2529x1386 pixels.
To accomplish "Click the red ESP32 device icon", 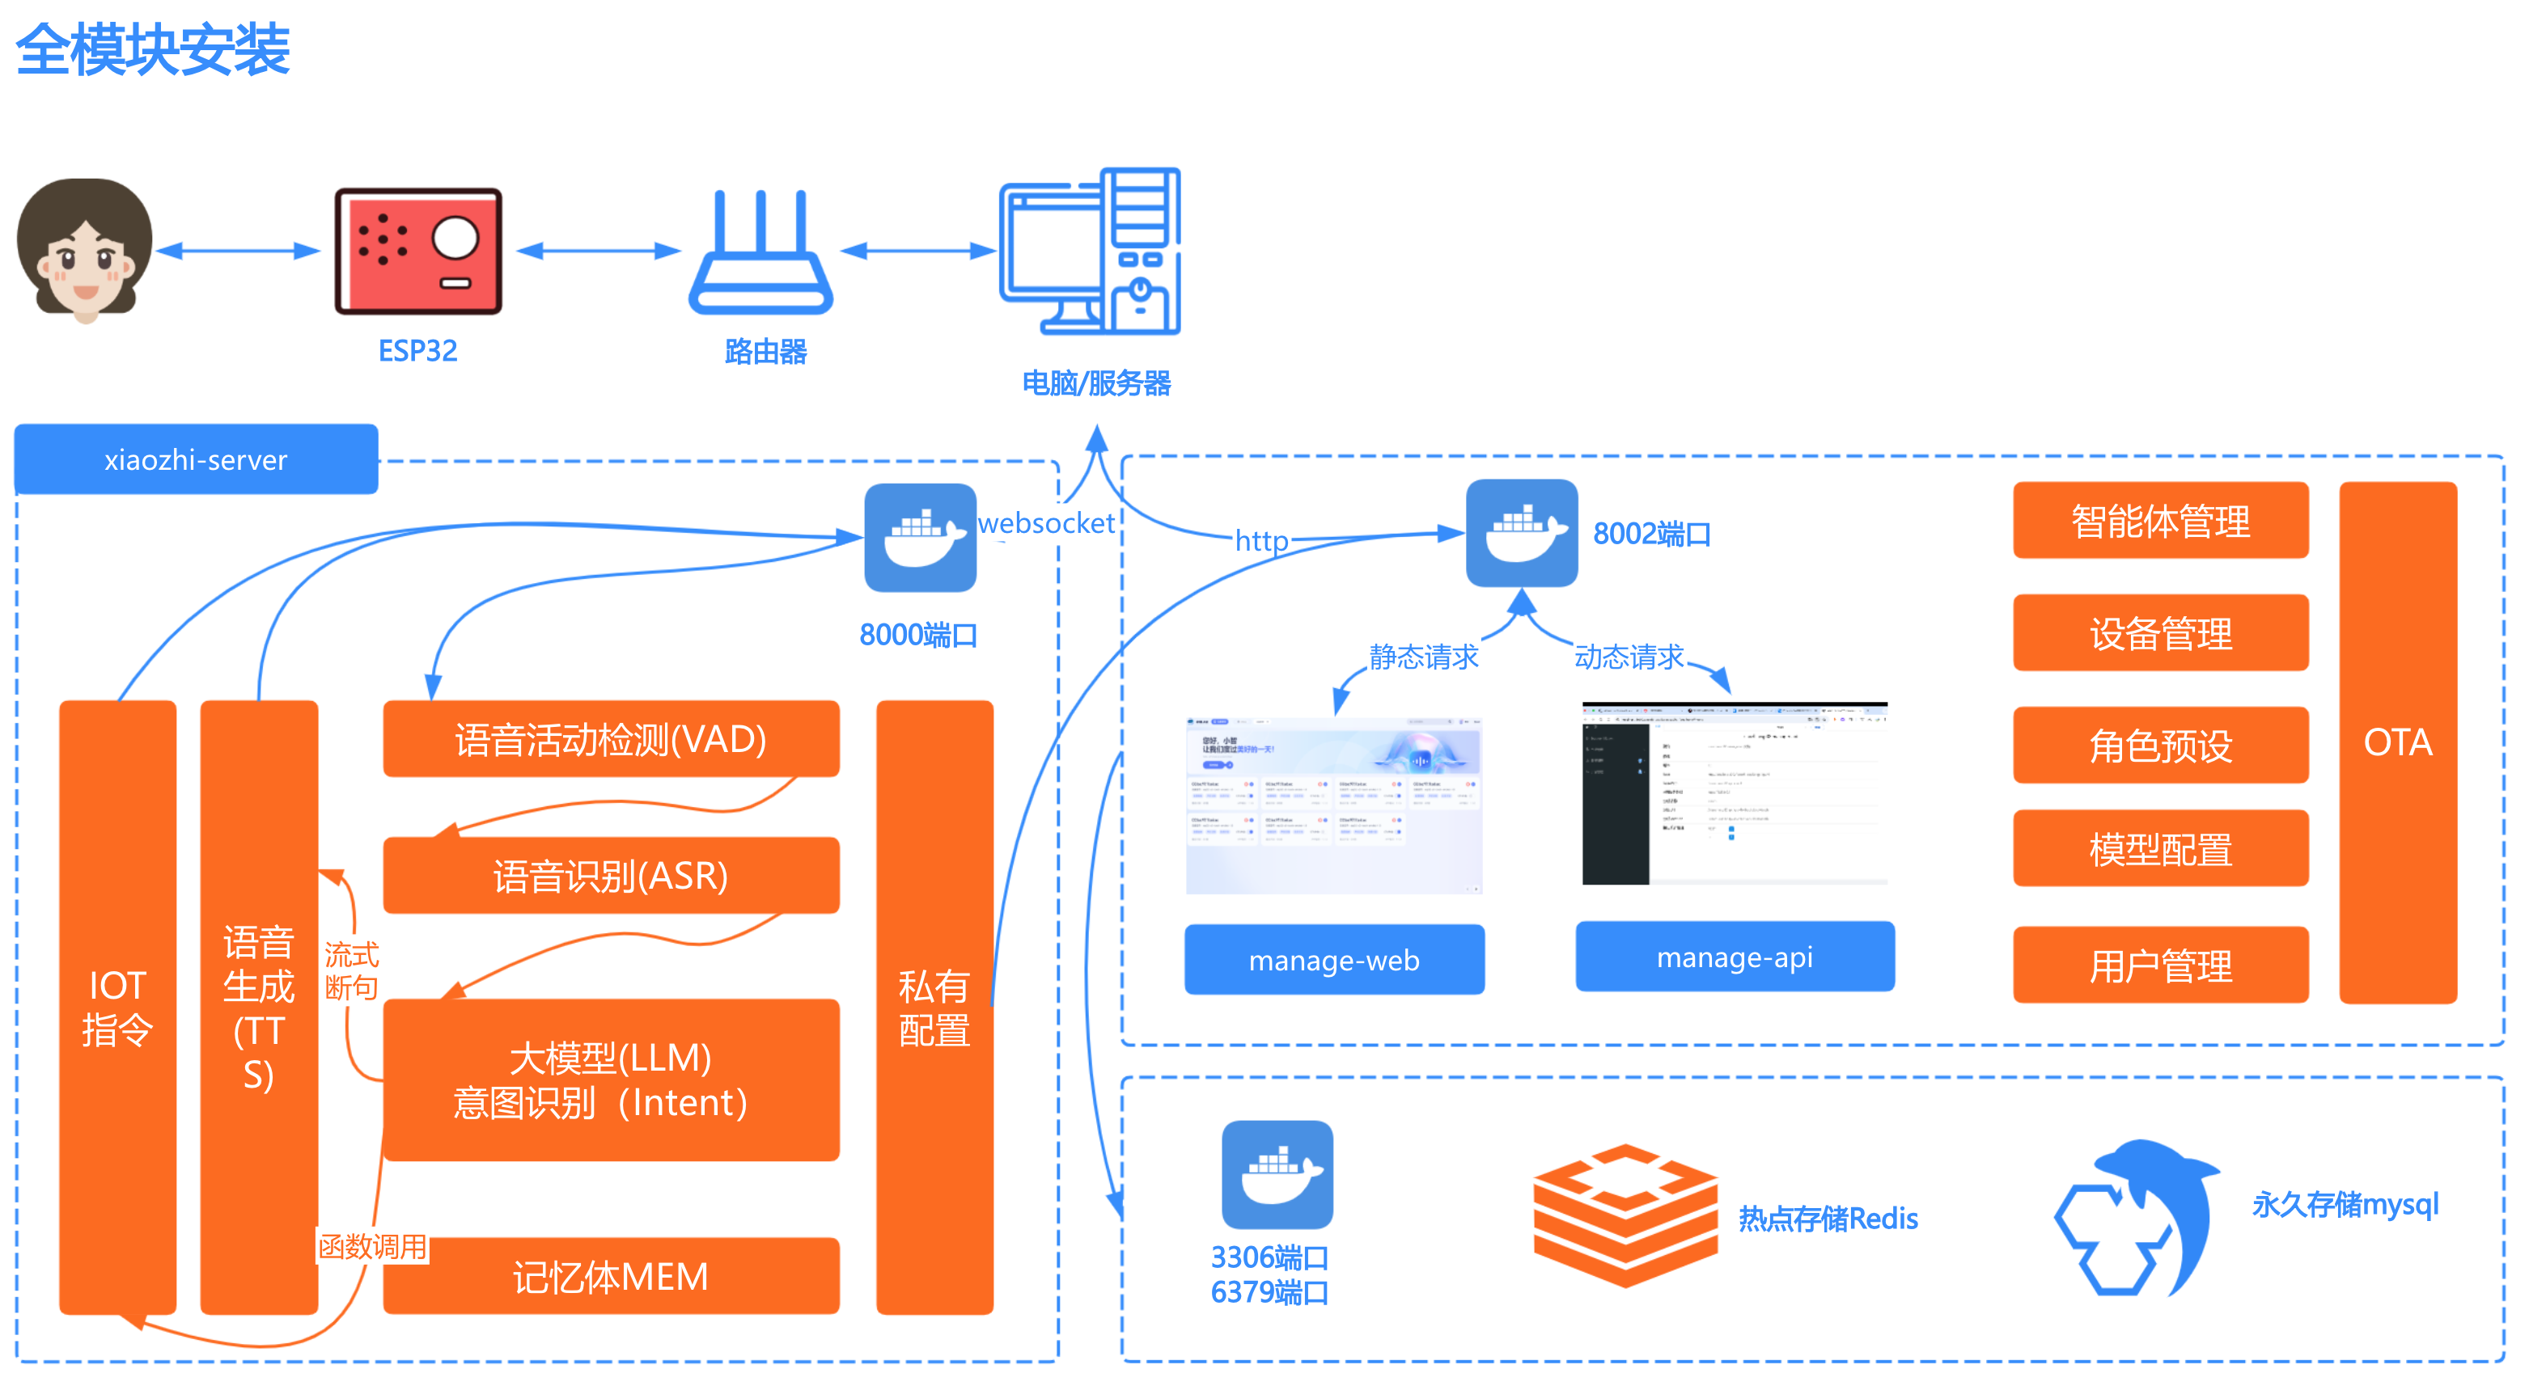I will tap(418, 251).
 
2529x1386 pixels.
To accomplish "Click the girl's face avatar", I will tap(86, 251).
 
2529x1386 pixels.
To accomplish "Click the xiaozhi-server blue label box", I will tap(197, 459).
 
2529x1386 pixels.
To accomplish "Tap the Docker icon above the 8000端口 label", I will tap(920, 537).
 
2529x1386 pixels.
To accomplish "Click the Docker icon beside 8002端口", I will tap(1521, 533).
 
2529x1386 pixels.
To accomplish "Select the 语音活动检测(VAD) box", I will tap(611, 739).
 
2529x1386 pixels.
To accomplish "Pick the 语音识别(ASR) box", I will tap(611, 876).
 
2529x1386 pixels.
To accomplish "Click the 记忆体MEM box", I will tap(611, 1276).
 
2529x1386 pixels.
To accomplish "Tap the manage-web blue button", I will tap(1334, 960).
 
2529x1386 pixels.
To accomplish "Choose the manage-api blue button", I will tap(1735, 957).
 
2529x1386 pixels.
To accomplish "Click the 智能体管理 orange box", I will tap(2160, 520).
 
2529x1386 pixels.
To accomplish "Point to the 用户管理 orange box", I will tap(2160, 966).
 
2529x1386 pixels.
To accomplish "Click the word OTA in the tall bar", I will tap(2397, 742).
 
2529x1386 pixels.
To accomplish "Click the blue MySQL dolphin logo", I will tap(2140, 1217).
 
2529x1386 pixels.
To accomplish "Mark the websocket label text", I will tap(1047, 523).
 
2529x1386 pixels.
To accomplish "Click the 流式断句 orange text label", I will tap(351, 970).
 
